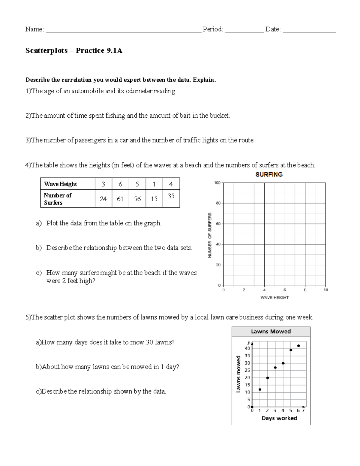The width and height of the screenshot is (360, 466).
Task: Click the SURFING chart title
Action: pos(269,174)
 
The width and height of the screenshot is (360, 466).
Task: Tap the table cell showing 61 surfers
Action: pos(120,199)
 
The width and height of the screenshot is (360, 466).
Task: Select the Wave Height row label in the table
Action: pos(61,184)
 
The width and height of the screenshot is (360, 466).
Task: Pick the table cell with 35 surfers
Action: pos(171,196)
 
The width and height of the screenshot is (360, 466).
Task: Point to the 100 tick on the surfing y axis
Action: pos(217,183)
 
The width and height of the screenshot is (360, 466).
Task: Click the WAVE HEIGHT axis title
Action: pos(274,298)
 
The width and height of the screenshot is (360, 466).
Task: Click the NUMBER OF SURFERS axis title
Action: pos(210,235)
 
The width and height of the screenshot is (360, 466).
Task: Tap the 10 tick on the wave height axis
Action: pos(326,290)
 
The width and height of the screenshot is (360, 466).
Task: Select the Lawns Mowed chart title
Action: pos(271,332)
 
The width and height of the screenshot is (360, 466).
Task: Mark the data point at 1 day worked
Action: pos(260,389)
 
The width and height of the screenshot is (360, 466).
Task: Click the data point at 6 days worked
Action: pos(298,346)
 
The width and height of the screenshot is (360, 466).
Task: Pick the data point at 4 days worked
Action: pos(283,363)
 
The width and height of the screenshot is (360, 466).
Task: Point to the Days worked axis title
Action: pos(279,418)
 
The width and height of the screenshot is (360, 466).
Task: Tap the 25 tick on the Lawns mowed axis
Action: pos(247,370)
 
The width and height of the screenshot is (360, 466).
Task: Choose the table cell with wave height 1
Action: pos(154,184)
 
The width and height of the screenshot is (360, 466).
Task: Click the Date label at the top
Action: pos(273,29)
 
